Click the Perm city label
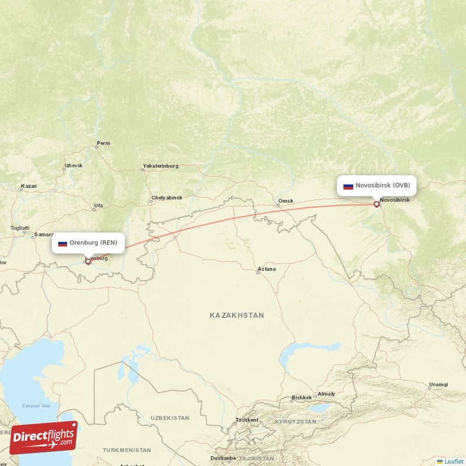coord(103,143)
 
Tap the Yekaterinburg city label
coord(160,166)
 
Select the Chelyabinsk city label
coord(167,197)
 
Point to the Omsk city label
coord(285,202)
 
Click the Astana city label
coord(266,270)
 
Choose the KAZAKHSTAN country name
coord(236,315)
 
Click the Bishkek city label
coord(302,398)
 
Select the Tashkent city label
coord(246,419)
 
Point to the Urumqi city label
coord(438,384)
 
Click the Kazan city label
coord(29,186)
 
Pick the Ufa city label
coord(98,206)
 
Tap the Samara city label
coord(44,235)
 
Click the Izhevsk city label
coord(73,165)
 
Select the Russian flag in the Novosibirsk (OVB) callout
coord(348,186)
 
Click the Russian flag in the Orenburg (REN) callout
coord(62,243)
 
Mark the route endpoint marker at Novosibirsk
coord(376,204)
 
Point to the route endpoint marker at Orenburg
coord(88,262)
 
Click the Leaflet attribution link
coord(453,461)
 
